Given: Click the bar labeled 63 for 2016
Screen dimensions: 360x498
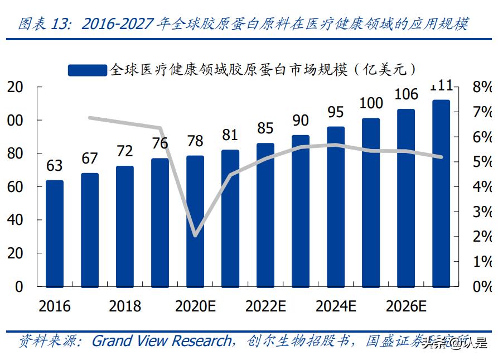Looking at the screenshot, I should click(54, 233).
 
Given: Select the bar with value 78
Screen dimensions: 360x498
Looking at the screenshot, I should click(195, 221).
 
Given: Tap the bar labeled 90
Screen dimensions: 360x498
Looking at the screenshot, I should click(301, 210).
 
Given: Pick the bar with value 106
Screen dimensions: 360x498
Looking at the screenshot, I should click(406, 198).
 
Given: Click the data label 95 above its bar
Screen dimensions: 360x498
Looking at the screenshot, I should click(335, 112).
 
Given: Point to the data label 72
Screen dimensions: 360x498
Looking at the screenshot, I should click(124, 151).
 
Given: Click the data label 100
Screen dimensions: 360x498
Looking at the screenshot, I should click(370, 103).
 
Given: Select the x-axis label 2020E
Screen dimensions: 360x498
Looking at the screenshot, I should click(195, 306).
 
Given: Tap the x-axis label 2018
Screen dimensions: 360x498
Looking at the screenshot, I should click(124, 306).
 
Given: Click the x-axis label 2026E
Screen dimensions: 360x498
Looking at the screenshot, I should click(406, 306).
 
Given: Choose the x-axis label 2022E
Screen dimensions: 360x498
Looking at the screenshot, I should click(265, 306).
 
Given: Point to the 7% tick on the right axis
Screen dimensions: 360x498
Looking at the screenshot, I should click(481, 112).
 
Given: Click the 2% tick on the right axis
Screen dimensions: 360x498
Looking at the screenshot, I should click(481, 237).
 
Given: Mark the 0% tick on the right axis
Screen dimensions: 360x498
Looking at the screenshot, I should click(481, 286).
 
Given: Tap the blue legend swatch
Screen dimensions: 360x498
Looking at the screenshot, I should click(87, 70).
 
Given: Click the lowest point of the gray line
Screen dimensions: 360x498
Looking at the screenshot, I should click(195, 236).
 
